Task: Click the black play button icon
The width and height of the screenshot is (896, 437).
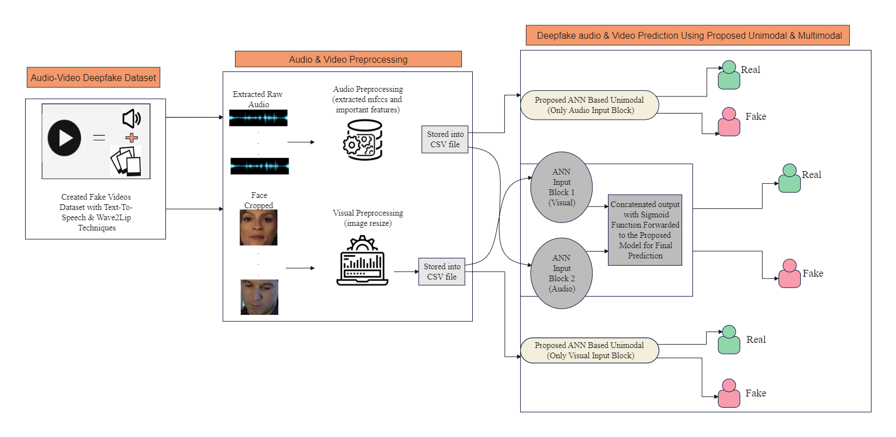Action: [x=64, y=138]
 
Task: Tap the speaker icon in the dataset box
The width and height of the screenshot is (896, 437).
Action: [x=131, y=118]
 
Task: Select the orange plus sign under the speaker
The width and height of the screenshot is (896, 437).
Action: [x=132, y=137]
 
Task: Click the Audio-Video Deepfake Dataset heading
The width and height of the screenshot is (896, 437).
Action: [x=94, y=78]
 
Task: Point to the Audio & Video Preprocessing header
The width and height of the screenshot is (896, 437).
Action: [x=348, y=59]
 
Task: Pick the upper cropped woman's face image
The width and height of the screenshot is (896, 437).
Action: [x=258, y=228]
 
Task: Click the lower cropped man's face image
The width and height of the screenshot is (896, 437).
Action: [x=260, y=297]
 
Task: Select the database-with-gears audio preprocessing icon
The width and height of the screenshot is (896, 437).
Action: [x=363, y=140]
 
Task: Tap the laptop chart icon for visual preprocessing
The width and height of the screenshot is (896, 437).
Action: [x=362, y=262]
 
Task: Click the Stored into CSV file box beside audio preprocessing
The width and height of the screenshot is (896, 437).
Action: [x=445, y=140]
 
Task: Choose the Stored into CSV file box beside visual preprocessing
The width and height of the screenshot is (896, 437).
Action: [x=441, y=272]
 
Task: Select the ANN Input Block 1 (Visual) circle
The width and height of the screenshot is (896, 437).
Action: [x=562, y=187]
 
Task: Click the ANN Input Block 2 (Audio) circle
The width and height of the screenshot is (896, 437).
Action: [x=562, y=273]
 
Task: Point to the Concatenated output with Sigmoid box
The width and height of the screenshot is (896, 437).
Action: [x=645, y=230]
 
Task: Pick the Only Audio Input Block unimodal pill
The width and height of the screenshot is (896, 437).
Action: [x=590, y=105]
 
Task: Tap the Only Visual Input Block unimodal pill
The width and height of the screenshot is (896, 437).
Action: [x=590, y=350]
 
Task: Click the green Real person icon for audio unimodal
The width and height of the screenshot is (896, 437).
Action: [x=728, y=75]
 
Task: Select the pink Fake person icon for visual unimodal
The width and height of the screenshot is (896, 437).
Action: [x=728, y=394]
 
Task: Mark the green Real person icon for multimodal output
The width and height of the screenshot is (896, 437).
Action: [x=789, y=179]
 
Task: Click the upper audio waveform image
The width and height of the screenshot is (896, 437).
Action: [x=258, y=118]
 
